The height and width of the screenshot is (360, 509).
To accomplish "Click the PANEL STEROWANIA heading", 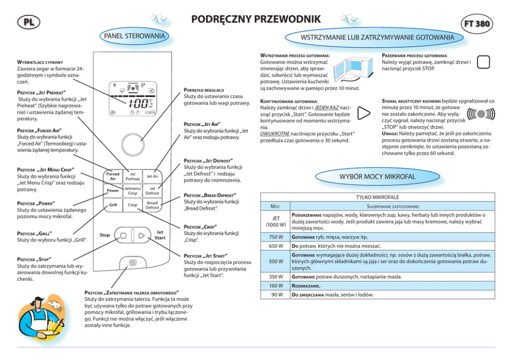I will point(135,36).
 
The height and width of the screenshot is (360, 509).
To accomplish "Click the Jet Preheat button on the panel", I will point(132,176).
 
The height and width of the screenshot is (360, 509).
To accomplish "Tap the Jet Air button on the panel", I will point(152,176).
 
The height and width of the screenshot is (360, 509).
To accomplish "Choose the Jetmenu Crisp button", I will point(132,191).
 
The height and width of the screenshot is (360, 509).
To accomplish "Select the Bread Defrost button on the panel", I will point(152,205).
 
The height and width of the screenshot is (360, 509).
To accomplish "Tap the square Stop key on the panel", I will point(124,236).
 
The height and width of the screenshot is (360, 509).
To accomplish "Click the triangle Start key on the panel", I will point(141,236).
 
